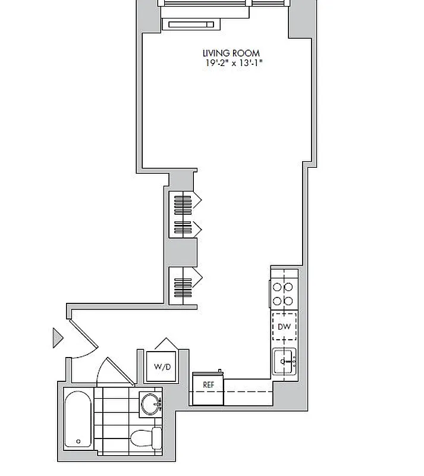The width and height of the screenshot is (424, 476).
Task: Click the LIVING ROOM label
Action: tap(231, 53)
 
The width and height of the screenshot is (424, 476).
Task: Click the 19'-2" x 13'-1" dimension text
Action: tap(231, 62)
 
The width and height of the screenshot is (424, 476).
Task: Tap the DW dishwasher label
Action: tap(284, 327)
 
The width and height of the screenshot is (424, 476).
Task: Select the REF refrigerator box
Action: tap(208, 384)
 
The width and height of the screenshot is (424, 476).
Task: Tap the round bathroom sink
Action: tap(150, 403)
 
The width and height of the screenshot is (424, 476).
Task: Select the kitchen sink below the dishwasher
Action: tap(284, 361)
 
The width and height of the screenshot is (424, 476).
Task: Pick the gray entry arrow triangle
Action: tap(57, 337)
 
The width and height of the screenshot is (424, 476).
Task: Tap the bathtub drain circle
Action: tap(79, 441)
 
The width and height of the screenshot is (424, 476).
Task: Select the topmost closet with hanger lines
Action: tap(183, 202)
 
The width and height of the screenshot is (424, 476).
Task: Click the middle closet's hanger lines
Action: tap(183, 227)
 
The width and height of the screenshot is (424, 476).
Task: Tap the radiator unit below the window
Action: tap(190, 24)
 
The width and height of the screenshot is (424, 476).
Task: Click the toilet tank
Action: tap(157, 439)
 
